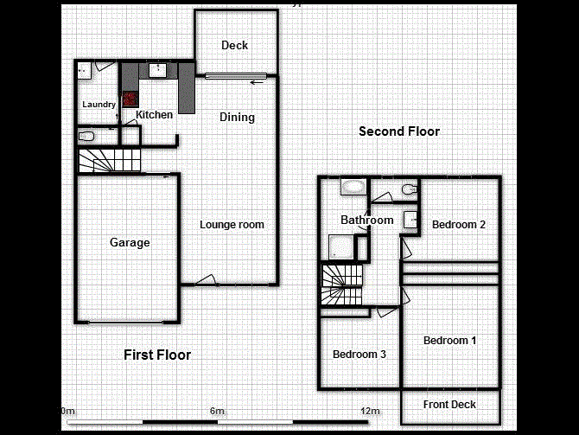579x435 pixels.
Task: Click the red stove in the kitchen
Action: tap(130, 99)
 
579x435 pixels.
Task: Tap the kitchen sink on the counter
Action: tap(158, 70)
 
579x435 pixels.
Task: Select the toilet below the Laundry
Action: tap(86, 136)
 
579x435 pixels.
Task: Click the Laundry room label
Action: tap(99, 105)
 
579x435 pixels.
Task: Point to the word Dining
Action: tap(237, 118)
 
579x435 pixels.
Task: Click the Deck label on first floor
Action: tap(234, 46)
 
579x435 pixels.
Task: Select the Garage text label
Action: tap(130, 243)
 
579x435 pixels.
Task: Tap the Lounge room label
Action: tap(232, 225)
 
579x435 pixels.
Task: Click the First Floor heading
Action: tap(157, 355)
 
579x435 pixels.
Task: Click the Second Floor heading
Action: tap(399, 131)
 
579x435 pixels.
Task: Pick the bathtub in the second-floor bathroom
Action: tap(353, 186)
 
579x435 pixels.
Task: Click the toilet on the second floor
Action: tap(409, 189)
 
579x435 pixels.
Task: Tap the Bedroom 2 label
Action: tap(459, 225)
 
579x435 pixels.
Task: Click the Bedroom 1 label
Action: tap(449, 341)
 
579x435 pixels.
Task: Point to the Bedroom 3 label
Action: tap(359, 355)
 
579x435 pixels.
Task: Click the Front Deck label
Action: tap(449, 405)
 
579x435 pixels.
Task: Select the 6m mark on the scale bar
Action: tap(217, 411)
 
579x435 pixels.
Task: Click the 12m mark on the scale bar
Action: tap(370, 411)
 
